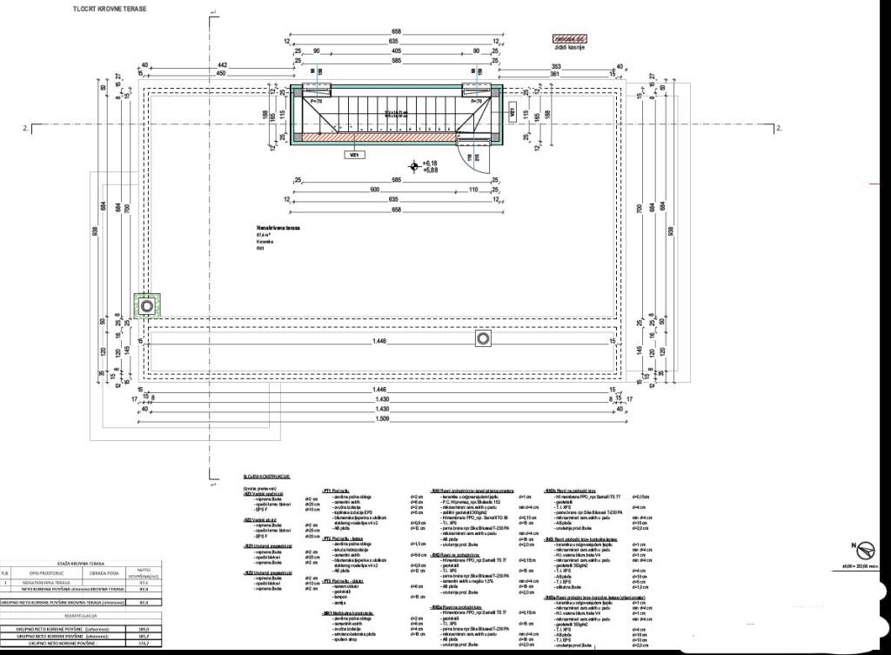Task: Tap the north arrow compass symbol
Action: point(865,551)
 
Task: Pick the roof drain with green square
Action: point(148,306)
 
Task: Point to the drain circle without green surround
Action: point(482,338)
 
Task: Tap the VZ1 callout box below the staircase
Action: point(355,153)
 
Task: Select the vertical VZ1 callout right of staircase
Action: point(512,111)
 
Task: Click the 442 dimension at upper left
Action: point(222,65)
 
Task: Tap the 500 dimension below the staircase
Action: point(375,190)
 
